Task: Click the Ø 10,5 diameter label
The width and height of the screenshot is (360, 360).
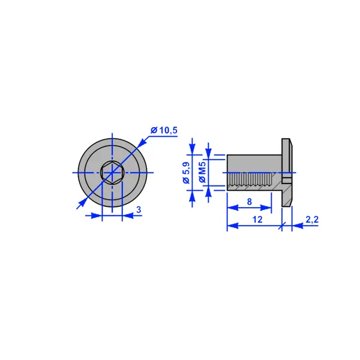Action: click(x=164, y=130)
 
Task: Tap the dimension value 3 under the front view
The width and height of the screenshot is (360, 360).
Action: click(x=139, y=210)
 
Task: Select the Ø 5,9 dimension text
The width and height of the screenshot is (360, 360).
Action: click(x=187, y=173)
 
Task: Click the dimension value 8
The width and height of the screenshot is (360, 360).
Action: click(x=250, y=202)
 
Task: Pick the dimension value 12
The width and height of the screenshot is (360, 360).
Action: click(x=257, y=220)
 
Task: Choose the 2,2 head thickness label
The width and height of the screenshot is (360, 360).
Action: click(x=312, y=220)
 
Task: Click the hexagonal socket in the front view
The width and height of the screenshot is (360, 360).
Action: click(x=112, y=173)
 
